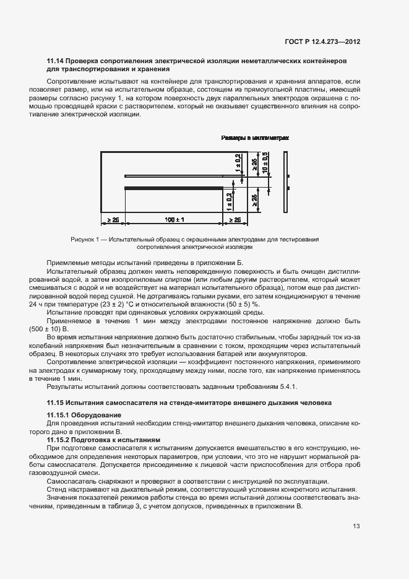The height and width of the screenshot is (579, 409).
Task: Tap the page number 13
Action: pos(356,526)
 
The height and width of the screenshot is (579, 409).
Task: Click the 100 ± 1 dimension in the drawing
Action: pos(174,219)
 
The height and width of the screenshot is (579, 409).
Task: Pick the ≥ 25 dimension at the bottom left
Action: pos(113,219)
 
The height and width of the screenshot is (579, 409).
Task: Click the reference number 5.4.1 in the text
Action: pos(287,386)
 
